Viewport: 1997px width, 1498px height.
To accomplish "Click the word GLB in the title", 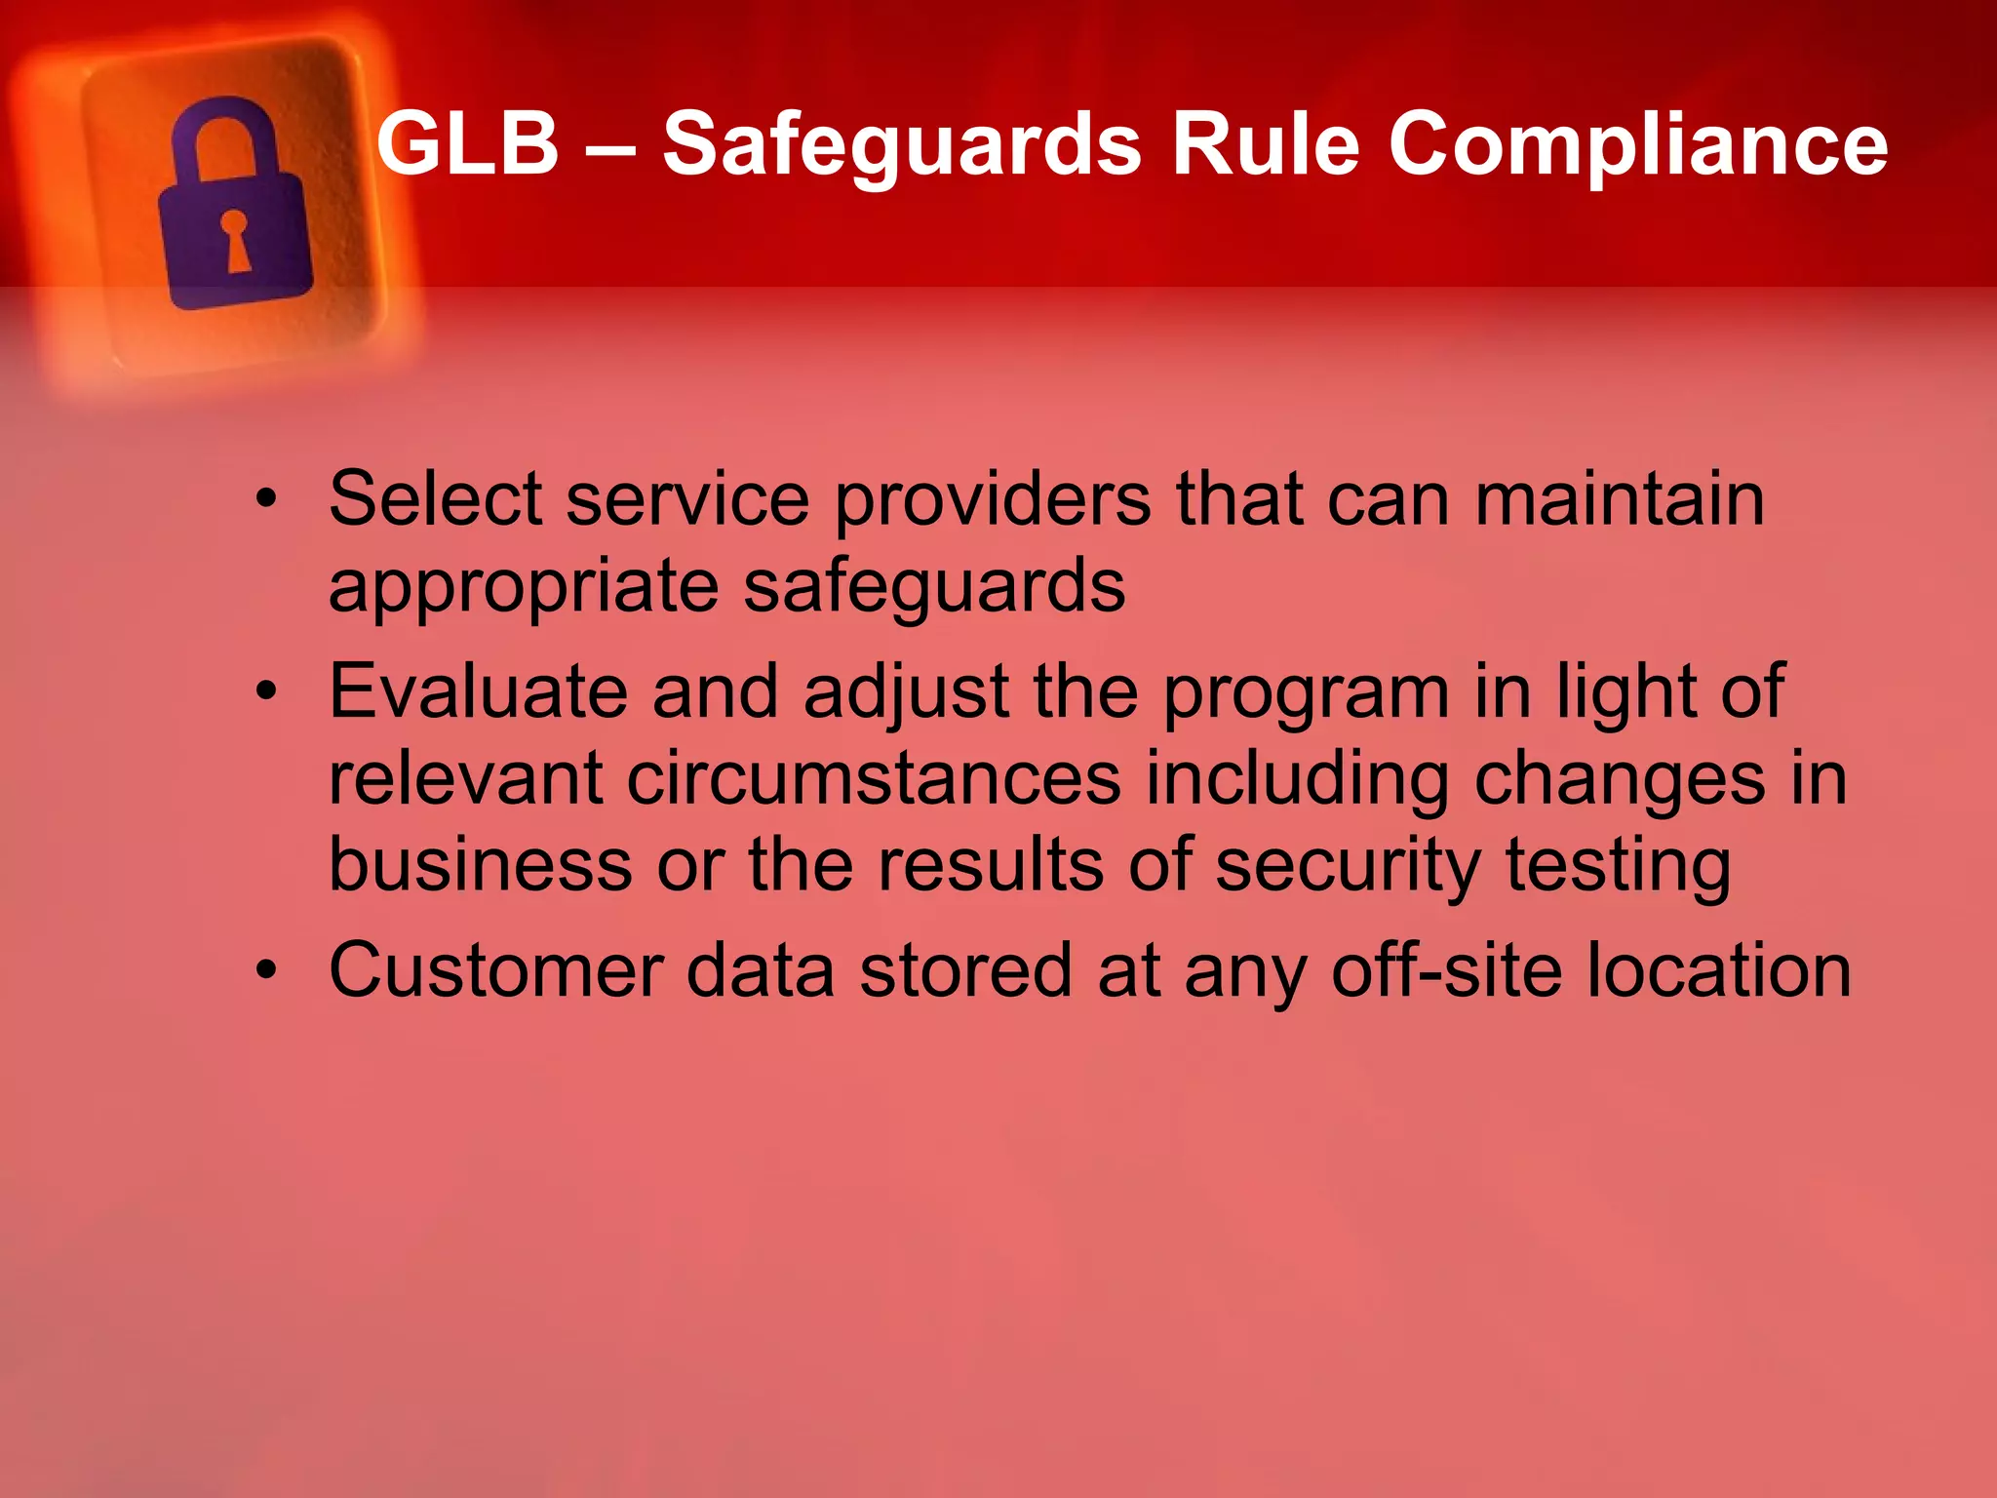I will point(467,143).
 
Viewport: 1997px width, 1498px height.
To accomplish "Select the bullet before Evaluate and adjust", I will point(266,693).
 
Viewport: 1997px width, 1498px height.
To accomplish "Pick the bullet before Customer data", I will point(266,971).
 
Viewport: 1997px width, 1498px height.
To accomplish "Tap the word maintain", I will point(1619,499).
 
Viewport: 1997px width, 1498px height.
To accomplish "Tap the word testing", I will point(1618,866).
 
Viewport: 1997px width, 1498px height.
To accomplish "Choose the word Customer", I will point(495,970).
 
